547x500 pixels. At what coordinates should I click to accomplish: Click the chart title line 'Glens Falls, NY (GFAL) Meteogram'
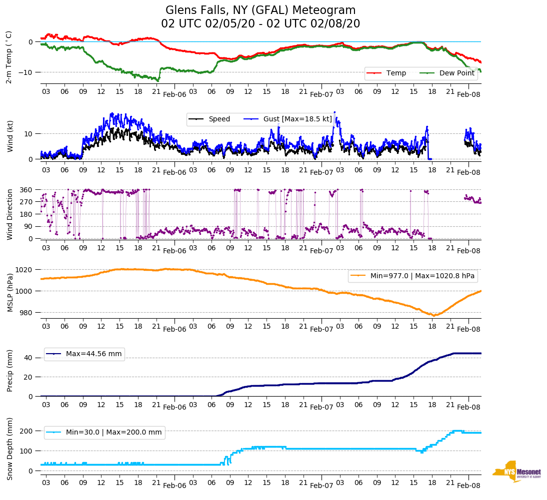click(260, 10)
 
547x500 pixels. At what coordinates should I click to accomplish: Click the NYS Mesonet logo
click(516, 472)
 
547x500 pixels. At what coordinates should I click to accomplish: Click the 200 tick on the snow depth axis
click(28, 431)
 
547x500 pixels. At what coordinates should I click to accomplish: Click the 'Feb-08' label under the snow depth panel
click(468, 486)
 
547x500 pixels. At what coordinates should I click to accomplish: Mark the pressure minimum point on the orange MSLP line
click(434, 315)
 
